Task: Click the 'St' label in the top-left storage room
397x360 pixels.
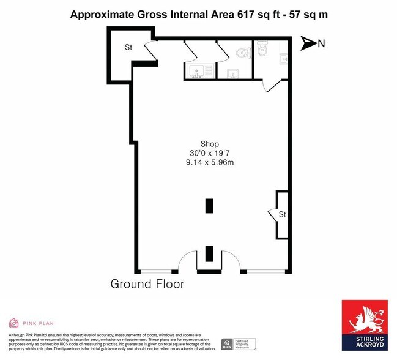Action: (129, 47)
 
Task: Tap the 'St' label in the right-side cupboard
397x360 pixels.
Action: (283, 215)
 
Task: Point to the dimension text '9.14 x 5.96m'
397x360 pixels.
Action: (210, 163)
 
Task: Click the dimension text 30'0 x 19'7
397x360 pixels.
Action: (210, 154)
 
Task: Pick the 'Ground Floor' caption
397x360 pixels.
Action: (147, 284)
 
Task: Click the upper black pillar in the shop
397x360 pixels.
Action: (210, 205)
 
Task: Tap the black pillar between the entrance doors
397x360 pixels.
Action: (210, 252)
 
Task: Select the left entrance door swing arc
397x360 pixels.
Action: (185, 260)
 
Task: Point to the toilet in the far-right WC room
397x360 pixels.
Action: (263, 47)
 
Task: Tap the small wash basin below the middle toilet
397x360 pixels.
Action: (232, 74)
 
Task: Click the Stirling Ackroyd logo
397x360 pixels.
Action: (364, 324)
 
